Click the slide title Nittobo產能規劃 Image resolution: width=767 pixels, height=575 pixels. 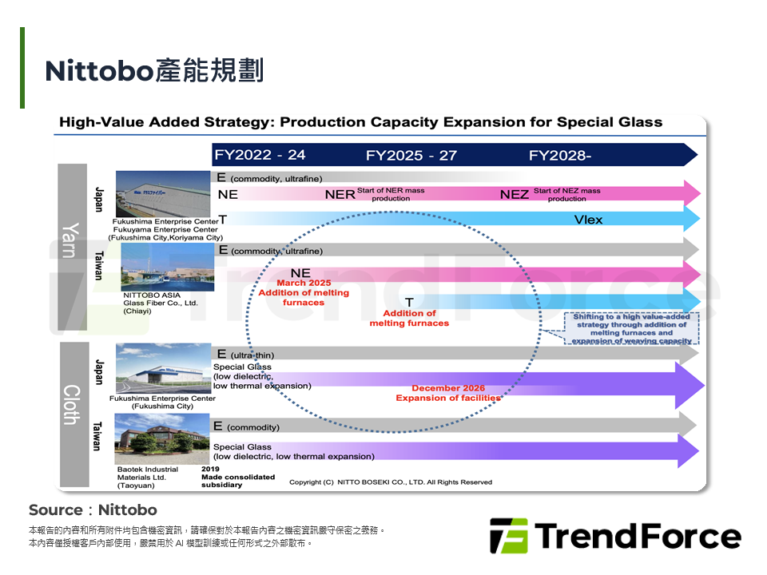154,71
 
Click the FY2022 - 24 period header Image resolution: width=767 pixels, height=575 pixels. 259,155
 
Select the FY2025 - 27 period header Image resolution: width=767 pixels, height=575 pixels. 411,155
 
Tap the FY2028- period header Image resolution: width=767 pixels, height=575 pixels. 559,155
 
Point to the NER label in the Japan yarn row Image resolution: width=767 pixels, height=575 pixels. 340,195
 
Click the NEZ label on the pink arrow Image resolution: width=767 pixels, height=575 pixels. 515,195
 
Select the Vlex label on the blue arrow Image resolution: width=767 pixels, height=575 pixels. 588,220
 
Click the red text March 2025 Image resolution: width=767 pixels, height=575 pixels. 304,284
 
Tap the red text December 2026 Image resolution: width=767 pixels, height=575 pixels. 448,388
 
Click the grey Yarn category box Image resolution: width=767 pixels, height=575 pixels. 72,240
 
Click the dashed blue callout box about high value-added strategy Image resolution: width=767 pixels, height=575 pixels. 631,328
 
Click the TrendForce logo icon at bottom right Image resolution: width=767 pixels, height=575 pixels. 508,536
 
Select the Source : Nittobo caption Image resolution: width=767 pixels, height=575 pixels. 93,510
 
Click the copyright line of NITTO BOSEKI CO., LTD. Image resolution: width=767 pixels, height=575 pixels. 391,482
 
